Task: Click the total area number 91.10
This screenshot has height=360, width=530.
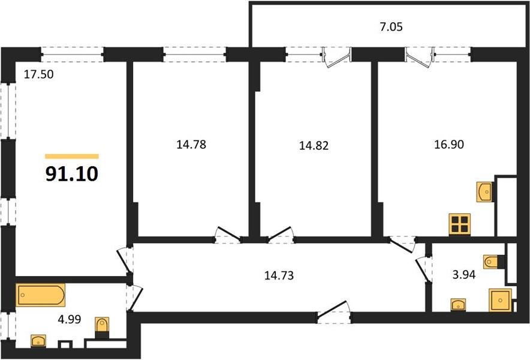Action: (72, 174)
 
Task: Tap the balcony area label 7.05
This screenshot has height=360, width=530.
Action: (391, 27)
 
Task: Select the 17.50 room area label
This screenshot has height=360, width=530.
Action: (38, 74)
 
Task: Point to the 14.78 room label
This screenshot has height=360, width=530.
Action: (191, 145)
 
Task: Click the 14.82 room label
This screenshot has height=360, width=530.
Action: (314, 145)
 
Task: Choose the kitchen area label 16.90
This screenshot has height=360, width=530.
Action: (449, 145)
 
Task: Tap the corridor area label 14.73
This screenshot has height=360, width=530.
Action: (279, 275)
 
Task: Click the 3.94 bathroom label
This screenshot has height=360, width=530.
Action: (464, 275)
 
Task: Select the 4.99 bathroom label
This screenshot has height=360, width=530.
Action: (70, 319)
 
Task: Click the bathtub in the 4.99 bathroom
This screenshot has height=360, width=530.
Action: (41, 295)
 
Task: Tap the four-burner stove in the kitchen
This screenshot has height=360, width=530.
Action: (460, 224)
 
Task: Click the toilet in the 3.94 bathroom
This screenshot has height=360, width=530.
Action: (494, 262)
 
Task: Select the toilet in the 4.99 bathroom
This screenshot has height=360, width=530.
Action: (102, 328)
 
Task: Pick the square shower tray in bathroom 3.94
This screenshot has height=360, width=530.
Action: (500, 300)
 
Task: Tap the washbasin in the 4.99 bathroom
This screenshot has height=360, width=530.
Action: (38, 341)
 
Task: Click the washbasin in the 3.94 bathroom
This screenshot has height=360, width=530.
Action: (458, 305)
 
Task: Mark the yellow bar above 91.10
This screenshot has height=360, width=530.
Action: (72, 157)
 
